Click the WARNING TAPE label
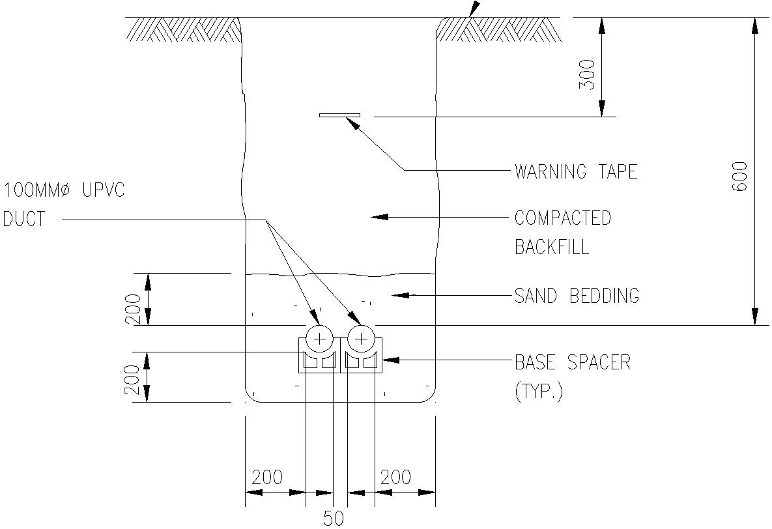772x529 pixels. [x=576, y=172]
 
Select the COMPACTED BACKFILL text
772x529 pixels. [x=563, y=232]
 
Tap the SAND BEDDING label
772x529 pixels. [x=577, y=296]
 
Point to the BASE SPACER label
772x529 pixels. [x=573, y=362]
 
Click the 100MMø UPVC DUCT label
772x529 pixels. [x=63, y=205]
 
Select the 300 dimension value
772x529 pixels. [x=587, y=74]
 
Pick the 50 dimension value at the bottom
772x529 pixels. [x=334, y=519]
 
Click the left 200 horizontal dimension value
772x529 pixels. [x=267, y=478]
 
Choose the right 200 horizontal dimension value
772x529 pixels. [x=395, y=478]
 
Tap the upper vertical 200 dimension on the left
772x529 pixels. [x=133, y=309]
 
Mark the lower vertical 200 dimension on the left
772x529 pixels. [x=133, y=379]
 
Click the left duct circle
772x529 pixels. [x=319, y=338]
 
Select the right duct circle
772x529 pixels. [x=360, y=338]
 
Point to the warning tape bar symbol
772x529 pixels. [x=339, y=115]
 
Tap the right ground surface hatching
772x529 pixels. [x=498, y=29]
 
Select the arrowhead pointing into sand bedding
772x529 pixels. [x=400, y=296]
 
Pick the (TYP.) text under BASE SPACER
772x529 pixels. [x=538, y=392]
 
